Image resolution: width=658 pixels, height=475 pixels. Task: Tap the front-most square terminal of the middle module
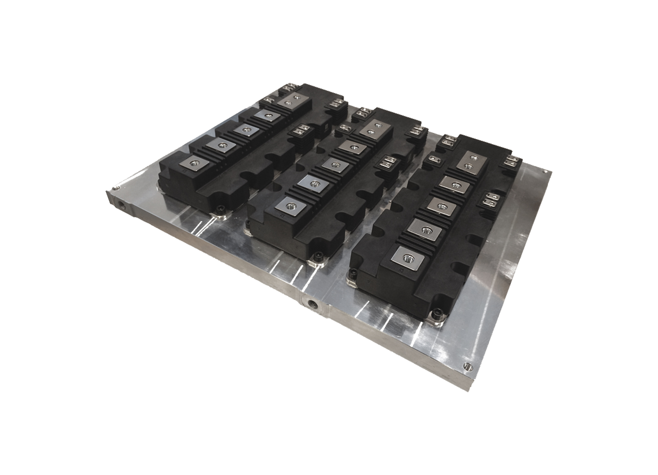tap(290, 206)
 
